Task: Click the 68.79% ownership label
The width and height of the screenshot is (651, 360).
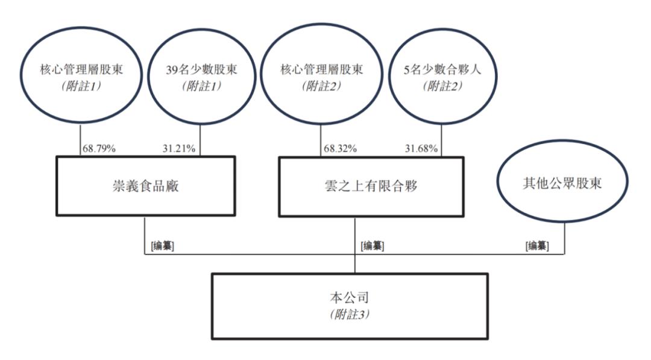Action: [x=99, y=148]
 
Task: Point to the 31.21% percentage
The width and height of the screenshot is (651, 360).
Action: [x=179, y=148]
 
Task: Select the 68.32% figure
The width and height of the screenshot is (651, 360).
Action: [x=340, y=148]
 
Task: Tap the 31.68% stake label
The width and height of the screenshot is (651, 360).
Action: [x=421, y=148]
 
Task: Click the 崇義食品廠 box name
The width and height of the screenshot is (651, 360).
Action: [x=146, y=186]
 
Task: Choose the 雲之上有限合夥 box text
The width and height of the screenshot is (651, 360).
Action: [x=371, y=186]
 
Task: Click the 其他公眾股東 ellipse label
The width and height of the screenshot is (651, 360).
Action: [x=562, y=183]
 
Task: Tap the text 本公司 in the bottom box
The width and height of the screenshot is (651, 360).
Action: [x=349, y=297]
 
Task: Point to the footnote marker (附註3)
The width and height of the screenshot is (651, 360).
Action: [x=350, y=314]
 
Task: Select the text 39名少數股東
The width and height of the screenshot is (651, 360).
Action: [x=201, y=69]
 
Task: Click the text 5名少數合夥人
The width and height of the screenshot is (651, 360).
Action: [x=442, y=69]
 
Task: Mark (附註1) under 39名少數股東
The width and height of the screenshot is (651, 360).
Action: [x=202, y=86]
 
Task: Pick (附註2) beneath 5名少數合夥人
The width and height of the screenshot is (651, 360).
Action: [x=442, y=86]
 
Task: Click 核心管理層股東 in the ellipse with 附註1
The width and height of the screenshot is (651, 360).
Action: [x=81, y=69]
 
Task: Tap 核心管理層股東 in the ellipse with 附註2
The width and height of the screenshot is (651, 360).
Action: [x=322, y=69]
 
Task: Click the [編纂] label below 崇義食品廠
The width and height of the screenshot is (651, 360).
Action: [x=163, y=246]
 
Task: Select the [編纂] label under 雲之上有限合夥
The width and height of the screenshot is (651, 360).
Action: [x=373, y=246]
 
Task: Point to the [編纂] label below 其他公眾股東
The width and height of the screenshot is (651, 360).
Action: [x=537, y=246]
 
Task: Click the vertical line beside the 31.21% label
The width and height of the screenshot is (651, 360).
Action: [x=200, y=140]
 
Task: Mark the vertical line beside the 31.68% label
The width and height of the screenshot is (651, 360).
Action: [x=441, y=140]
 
